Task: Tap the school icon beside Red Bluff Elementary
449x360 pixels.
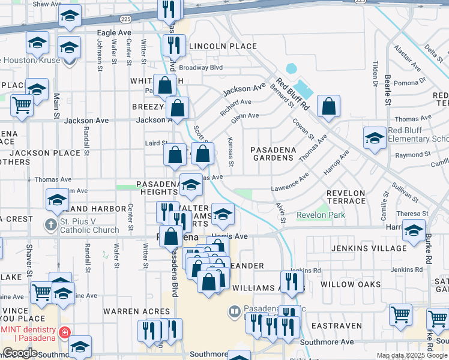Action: pos(375,137)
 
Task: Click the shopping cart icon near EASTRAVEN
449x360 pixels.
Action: pos(400,314)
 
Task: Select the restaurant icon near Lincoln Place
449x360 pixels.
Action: pos(174,44)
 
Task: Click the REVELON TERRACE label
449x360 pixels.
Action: pos(346,198)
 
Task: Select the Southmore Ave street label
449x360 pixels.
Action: pos(327,342)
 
